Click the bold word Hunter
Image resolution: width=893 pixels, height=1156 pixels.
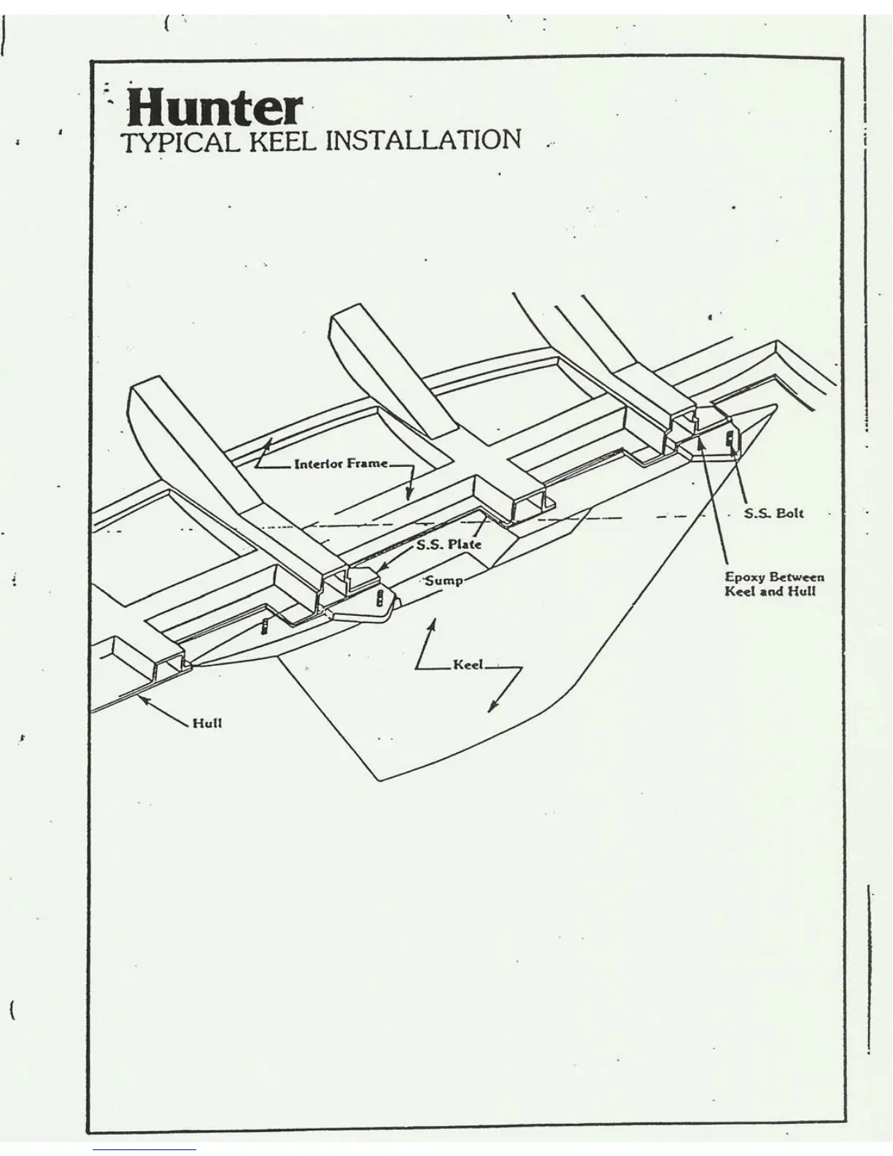pos(213,108)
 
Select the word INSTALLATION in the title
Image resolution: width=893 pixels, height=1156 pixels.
pos(422,139)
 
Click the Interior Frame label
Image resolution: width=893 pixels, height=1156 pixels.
pos(341,464)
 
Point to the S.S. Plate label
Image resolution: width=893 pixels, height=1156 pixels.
pos(449,544)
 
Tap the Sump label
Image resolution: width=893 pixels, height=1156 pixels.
pos(444,581)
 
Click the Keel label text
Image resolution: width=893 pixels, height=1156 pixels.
pos(468,665)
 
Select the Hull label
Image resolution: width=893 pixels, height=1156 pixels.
pos(207,723)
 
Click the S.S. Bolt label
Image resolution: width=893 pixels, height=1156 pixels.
pos(773,513)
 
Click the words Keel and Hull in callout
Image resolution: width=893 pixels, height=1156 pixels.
pos(770,590)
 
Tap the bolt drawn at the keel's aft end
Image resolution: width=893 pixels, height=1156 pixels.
pos(729,439)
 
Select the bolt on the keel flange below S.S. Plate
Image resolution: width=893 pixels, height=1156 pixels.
pos(379,599)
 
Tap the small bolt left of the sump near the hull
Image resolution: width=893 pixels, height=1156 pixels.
pos(264,626)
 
